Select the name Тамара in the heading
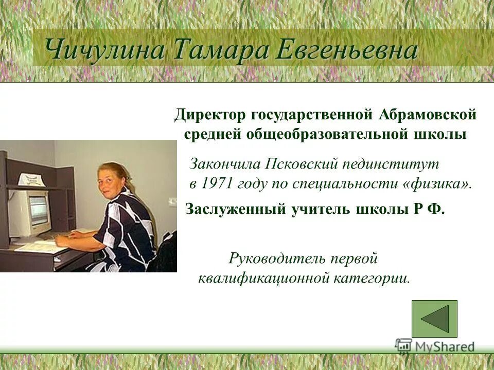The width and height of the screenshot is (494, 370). (x=222, y=50)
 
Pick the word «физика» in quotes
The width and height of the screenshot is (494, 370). (x=437, y=184)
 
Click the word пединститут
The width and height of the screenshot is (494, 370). (x=391, y=164)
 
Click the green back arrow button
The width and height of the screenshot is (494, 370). (x=434, y=319)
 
